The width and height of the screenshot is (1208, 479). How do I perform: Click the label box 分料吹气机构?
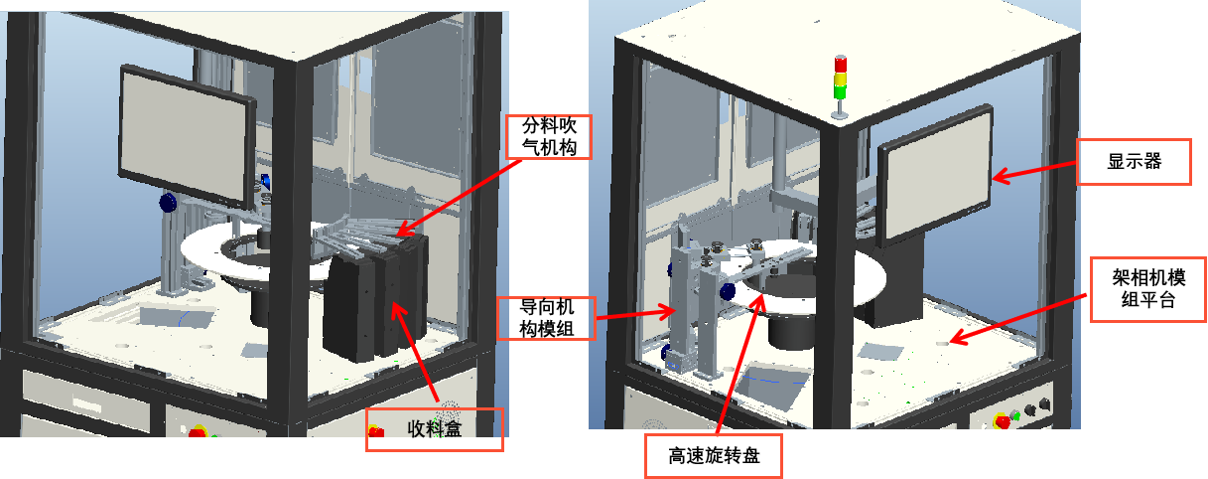[549, 136]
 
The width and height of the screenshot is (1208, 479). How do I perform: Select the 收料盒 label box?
[435, 429]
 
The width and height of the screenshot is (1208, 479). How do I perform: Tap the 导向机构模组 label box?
[546, 318]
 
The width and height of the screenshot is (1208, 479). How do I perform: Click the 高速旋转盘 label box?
[714, 456]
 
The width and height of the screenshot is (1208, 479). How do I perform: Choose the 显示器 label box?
[1134, 161]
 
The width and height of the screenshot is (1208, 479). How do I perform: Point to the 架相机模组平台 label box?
[1148, 289]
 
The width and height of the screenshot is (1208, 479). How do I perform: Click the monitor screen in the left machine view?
[186, 138]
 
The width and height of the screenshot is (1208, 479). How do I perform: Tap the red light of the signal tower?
[840, 64]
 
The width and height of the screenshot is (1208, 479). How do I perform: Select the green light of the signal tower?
[840, 92]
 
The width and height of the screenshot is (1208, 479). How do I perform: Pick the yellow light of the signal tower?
[840, 80]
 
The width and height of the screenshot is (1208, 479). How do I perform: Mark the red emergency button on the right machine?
[1002, 420]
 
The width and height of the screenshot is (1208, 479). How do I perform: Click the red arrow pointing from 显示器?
[1034, 171]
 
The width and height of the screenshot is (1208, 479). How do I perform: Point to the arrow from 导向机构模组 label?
[635, 313]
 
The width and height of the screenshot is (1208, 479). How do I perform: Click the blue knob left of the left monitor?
[168, 204]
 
